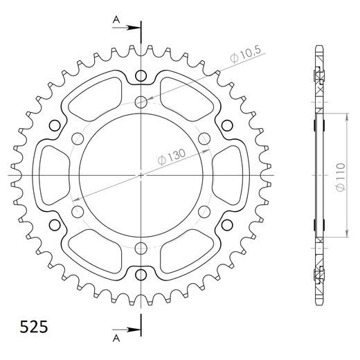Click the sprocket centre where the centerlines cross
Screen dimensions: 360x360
tap(141, 176)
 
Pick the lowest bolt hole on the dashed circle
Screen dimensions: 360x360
tap(141, 249)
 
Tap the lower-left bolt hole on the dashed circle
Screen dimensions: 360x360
tap(78, 212)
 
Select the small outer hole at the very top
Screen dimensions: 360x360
tap(141, 75)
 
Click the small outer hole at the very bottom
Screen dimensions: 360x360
tap(141, 276)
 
